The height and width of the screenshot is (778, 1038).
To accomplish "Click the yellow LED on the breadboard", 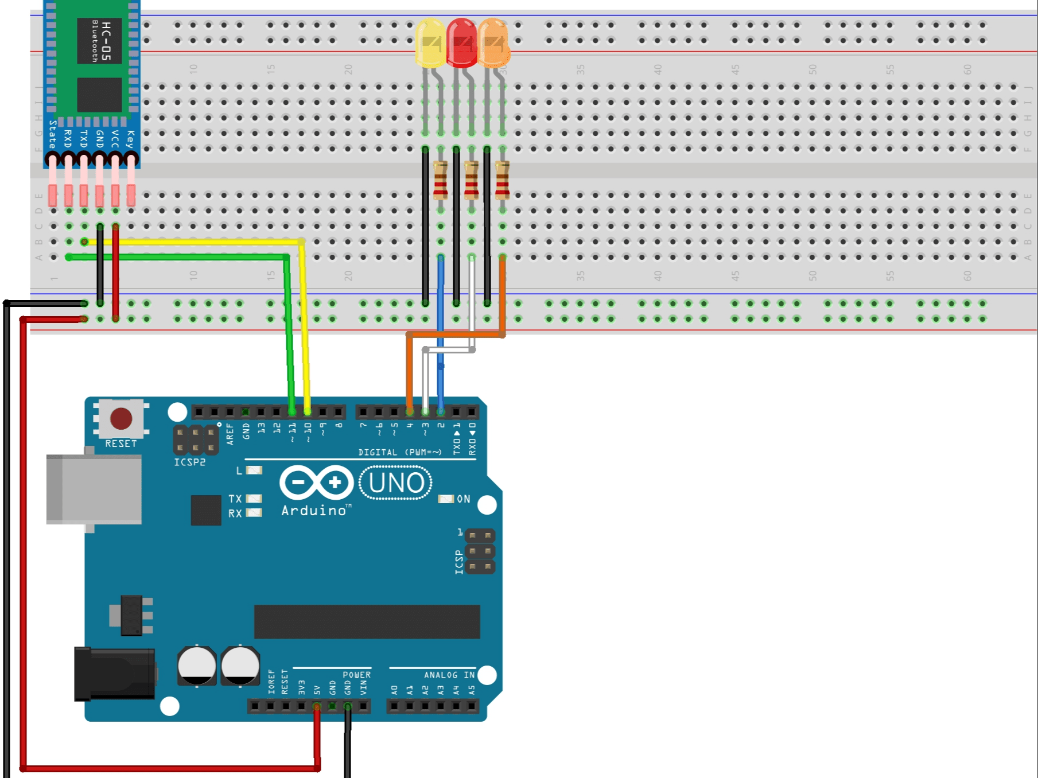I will click(x=430, y=42).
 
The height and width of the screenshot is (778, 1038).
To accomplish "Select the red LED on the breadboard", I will click(x=461, y=42).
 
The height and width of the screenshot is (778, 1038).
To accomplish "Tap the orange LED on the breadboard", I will click(x=493, y=44).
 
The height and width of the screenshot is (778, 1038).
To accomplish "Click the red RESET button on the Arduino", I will click(x=121, y=418).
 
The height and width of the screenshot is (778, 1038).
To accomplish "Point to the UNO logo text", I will click(x=396, y=483).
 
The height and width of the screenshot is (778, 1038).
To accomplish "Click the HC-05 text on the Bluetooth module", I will click(x=106, y=41).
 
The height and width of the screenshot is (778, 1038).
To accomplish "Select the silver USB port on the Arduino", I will click(x=94, y=489).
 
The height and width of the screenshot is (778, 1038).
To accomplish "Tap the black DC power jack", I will click(x=115, y=674).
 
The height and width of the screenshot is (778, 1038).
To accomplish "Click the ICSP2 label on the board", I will click(x=189, y=462).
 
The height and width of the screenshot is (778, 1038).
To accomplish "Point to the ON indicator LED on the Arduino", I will click(x=446, y=499).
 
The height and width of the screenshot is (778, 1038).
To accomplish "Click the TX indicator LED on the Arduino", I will click(x=254, y=499).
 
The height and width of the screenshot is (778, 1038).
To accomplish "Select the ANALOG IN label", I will click(x=449, y=675).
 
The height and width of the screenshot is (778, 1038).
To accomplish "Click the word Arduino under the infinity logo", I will click(x=314, y=511).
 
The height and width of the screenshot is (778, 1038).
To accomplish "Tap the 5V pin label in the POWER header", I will click(x=317, y=689).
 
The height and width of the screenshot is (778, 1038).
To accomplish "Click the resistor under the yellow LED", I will click(x=440, y=180).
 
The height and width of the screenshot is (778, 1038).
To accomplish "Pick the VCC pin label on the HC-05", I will click(x=115, y=138).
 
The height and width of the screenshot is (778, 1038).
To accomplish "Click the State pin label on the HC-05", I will click(x=52, y=134).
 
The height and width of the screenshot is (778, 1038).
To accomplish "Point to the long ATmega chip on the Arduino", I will click(x=367, y=621).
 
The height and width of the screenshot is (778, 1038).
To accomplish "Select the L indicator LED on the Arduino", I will click(x=254, y=470).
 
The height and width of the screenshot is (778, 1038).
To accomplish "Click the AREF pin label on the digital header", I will click(x=230, y=434).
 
